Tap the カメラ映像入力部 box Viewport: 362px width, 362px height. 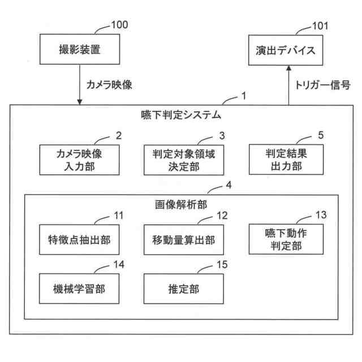coord(79,159)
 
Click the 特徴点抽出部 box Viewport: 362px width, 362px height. coord(79,240)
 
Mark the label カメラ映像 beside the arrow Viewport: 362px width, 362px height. coord(109,84)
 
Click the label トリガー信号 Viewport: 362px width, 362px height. coord(323,84)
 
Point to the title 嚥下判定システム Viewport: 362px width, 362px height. coord(180,115)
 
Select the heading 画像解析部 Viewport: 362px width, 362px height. coord(180,204)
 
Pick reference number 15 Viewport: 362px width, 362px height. coord(222,264)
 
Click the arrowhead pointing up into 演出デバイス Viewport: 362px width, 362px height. coord(289,67)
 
